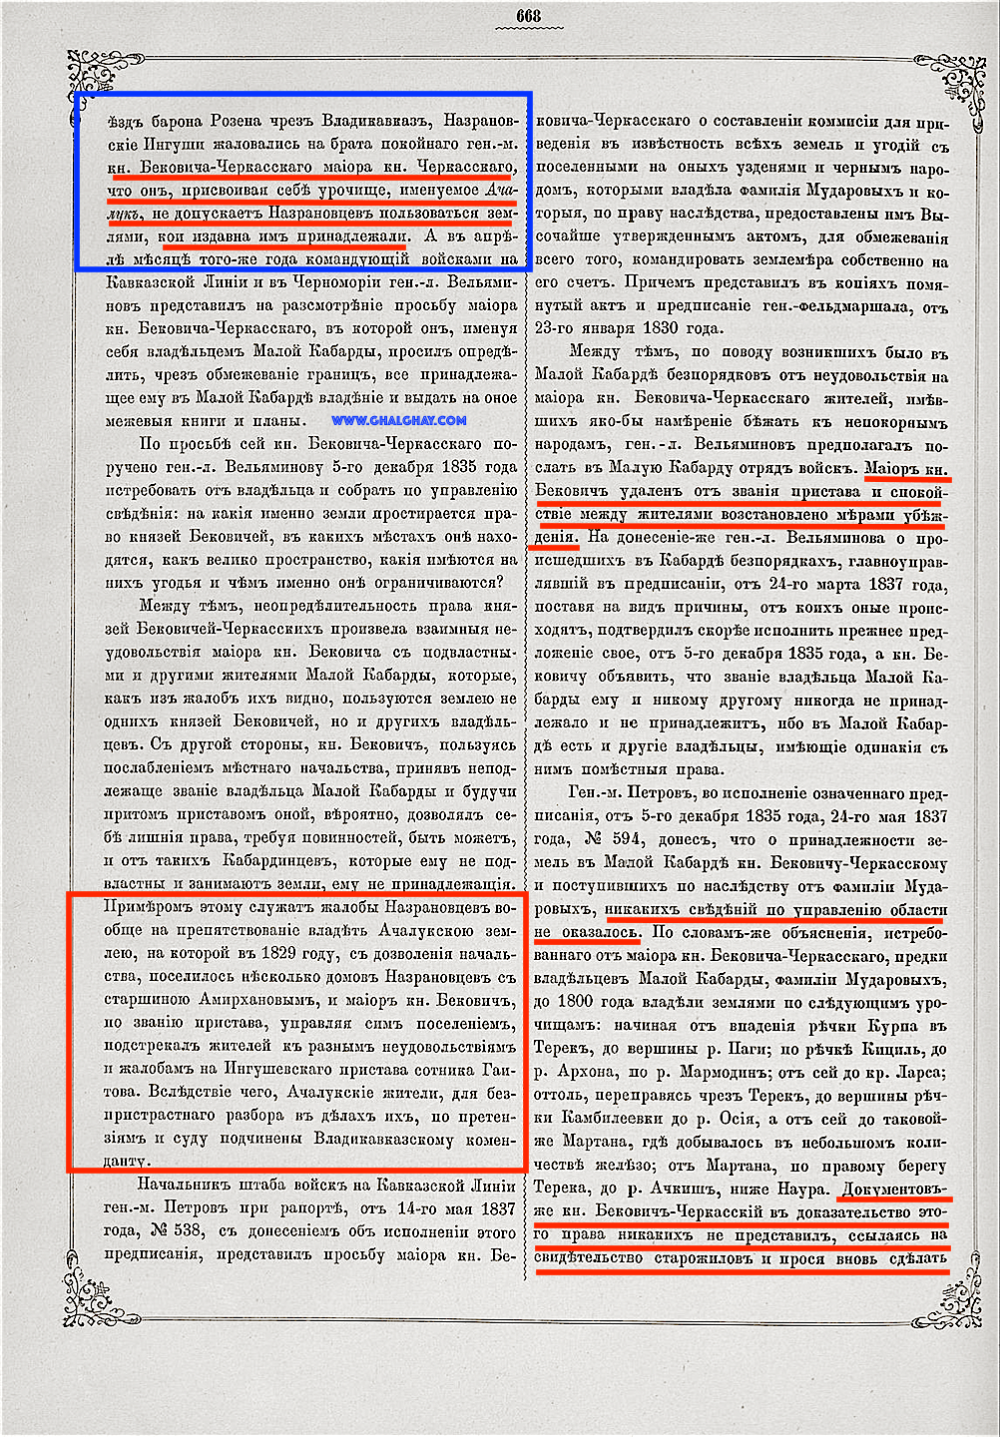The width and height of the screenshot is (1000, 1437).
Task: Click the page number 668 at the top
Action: tap(528, 16)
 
